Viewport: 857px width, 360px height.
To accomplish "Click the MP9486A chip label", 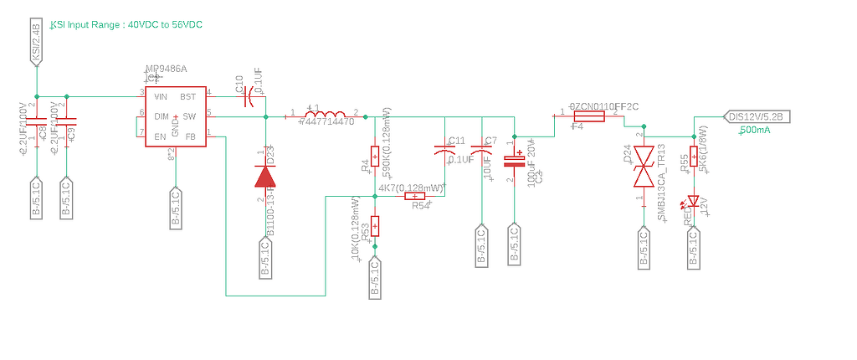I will tap(166, 69).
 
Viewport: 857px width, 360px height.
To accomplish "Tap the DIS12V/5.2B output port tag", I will tap(755, 116).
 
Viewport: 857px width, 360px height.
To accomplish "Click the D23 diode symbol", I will tap(265, 175).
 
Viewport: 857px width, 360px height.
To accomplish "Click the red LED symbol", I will tap(693, 202).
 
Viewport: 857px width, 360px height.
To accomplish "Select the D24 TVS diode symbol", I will tap(644, 167).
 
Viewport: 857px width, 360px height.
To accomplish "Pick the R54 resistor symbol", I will tap(415, 197).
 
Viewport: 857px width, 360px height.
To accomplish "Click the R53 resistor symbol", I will tap(375, 225).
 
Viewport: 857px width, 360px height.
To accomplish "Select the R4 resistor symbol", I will tap(375, 155).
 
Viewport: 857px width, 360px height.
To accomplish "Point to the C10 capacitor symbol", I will tap(249, 98).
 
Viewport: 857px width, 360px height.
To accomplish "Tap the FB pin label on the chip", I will tap(190, 136).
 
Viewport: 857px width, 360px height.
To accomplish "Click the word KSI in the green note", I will tap(59, 25).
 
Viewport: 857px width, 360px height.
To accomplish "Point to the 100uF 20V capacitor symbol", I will tap(513, 159).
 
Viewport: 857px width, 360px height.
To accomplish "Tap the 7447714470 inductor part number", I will tap(327, 122).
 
